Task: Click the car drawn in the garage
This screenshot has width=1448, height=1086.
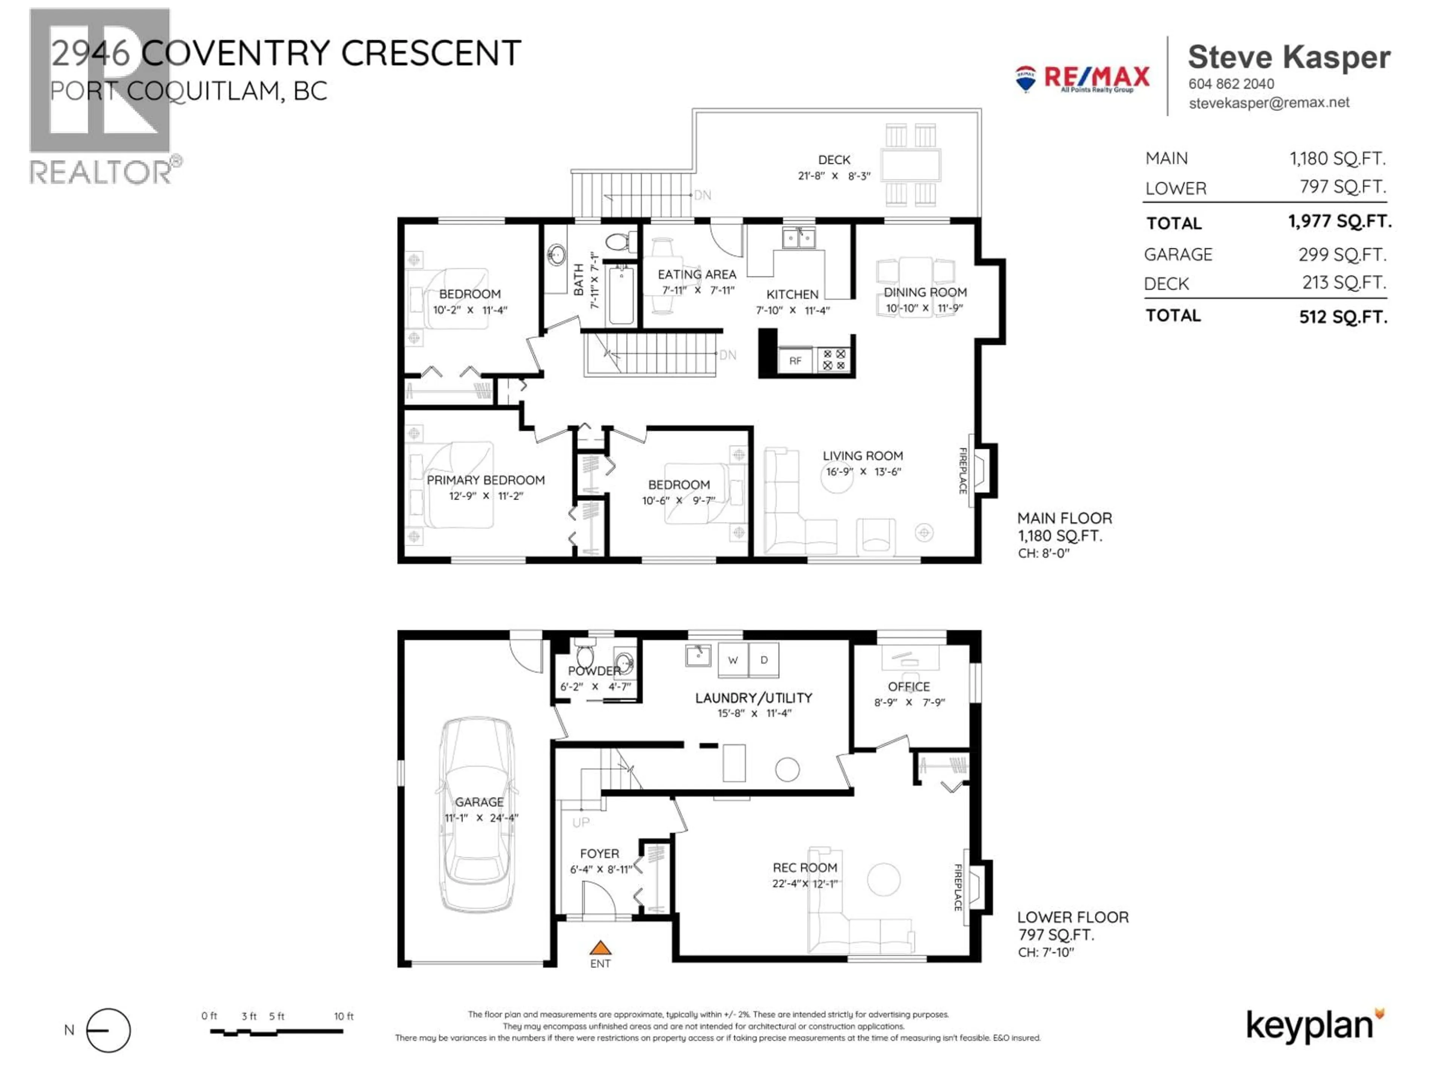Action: coord(477,814)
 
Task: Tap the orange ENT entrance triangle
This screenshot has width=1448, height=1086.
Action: coord(600,948)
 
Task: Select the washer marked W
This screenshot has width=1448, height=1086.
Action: coord(733,660)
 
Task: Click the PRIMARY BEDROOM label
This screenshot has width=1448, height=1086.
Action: coord(486,480)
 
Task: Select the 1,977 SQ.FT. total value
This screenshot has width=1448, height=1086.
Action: coord(1339,221)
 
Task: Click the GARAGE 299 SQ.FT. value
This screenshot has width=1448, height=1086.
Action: coord(1342,254)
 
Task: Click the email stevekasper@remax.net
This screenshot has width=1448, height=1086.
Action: coord(1269,103)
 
